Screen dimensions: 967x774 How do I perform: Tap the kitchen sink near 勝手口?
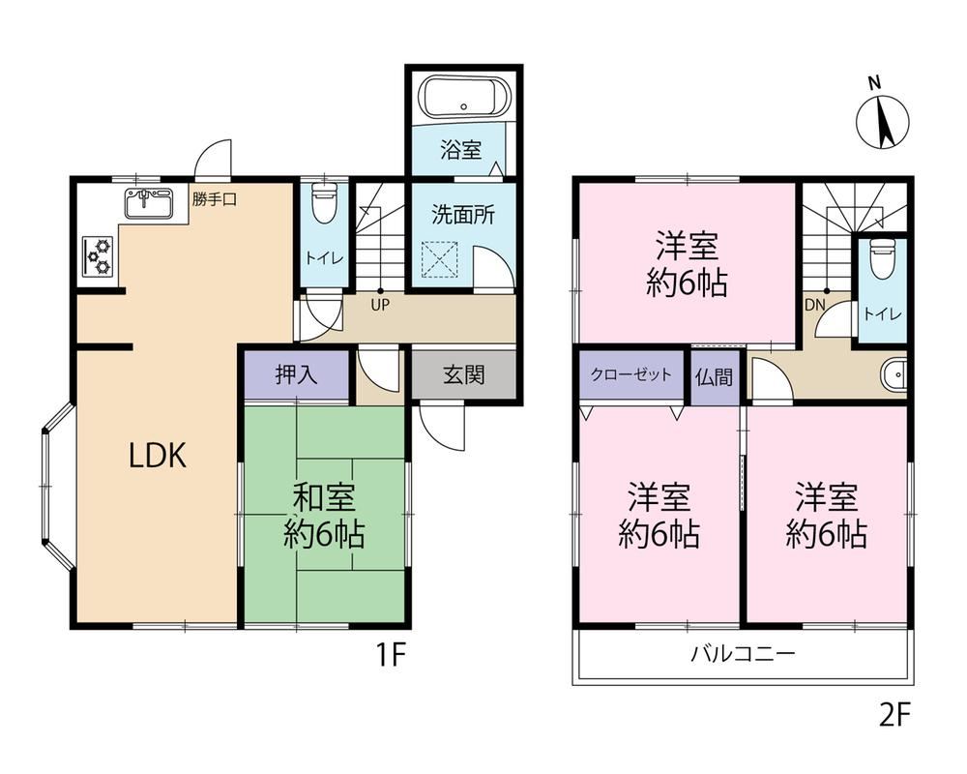coord(149,202)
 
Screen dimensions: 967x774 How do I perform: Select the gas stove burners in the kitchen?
coord(98,255)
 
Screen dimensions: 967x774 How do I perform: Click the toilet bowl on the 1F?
coord(323,204)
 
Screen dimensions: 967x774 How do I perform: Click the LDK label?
coord(157,456)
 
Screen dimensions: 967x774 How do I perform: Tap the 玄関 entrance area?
coord(464,374)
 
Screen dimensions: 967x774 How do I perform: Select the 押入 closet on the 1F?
coord(297,374)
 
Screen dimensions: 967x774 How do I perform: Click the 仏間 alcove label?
coord(715,376)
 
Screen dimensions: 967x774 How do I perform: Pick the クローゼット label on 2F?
coord(630,374)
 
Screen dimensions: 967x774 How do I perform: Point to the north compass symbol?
coord(883,117)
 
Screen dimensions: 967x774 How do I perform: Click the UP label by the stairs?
coord(380,305)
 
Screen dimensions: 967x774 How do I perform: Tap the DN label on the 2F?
coord(814,305)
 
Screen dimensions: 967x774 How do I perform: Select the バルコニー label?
coord(743,653)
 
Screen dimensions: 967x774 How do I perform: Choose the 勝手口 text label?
coord(214,199)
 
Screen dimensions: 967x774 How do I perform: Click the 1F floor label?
coord(390,655)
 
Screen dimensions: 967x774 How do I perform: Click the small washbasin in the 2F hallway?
coord(894,374)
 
